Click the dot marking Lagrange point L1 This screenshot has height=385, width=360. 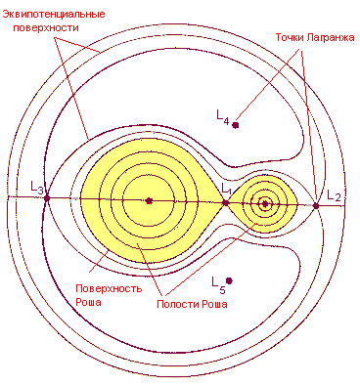[225, 203]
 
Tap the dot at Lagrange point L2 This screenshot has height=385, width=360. [316, 206]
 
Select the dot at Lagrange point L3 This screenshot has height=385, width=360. [47, 197]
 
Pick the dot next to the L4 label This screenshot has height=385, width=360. [236, 125]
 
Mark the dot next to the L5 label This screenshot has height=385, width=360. [229, 280]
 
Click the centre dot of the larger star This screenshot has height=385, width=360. [149, 201]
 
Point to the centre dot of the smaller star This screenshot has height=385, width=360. [265, 204]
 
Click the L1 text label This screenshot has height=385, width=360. [226, 189]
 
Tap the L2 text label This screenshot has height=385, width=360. [334, 195]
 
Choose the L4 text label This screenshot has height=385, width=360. [223, 116]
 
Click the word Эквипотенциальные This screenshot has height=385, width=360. [54, 15]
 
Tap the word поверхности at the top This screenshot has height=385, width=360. [46, 27]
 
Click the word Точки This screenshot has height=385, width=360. [289, 37]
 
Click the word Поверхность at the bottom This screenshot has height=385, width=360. [109, 288]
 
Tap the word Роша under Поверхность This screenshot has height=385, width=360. [88, 302]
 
